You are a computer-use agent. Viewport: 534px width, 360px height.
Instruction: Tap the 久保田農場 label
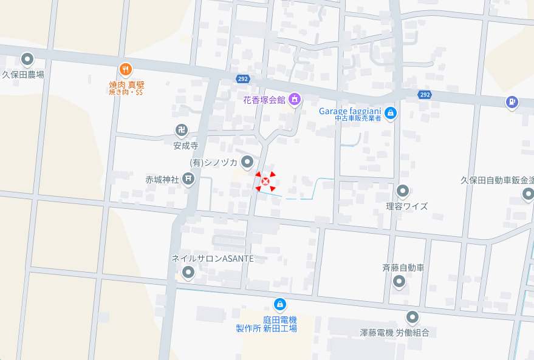23,75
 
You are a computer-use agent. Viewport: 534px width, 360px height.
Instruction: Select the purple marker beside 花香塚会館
295,98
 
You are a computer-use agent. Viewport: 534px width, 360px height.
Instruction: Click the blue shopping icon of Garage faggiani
391,112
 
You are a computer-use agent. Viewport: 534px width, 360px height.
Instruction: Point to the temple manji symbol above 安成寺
182,130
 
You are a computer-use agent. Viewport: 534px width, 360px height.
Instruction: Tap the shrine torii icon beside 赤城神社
189,178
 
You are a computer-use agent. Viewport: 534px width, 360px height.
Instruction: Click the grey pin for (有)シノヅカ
247,161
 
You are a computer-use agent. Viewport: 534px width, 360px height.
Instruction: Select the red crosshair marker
265,181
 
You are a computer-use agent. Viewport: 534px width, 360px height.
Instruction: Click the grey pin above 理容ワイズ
402,192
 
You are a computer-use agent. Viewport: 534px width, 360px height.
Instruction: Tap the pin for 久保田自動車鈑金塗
528,194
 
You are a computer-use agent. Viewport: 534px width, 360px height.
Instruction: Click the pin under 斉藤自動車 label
399,281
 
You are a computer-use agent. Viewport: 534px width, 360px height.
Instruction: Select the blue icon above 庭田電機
279,304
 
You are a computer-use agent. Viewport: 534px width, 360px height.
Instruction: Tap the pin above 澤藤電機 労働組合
412,317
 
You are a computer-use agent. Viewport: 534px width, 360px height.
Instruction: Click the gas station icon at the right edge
512,102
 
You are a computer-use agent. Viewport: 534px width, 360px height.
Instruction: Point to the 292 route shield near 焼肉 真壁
242,79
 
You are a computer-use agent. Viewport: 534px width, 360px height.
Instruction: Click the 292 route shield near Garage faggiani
425,94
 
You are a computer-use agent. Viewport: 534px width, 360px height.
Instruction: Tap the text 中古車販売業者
357,119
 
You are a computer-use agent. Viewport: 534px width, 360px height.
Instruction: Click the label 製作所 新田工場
266,328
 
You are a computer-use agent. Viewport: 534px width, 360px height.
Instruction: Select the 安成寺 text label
186,146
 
